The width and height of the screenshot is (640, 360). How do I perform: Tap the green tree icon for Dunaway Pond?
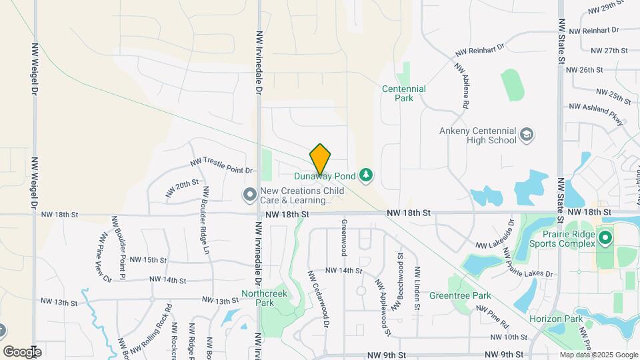pyautogui.click(x=366, y=176)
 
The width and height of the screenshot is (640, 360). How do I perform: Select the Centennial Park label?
pyautogui.click(x=404, y=93)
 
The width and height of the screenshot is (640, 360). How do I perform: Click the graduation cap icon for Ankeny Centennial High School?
pyautogui.click(x=527, y=135)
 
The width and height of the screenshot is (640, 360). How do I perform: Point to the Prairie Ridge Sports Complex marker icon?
pyautogui.click(x=605, y=238)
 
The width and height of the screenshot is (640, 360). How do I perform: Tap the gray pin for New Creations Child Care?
pyautogui.click(x=250, y=195)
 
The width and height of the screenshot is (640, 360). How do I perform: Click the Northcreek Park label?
pyautogui.click(x=274, y=297)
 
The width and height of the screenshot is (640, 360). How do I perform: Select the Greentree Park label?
pyautogui.click(x=460, y=295)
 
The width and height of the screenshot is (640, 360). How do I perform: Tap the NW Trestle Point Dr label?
pyautogui.click(x=222, y=166)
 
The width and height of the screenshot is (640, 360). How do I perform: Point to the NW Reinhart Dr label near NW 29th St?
pyautogui.click(x=591, y=30)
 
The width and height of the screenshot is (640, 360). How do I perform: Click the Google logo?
pyautogui.click(x=22, y=351)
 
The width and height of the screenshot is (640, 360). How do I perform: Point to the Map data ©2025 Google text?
pyautogui.click(x=598, y=355)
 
